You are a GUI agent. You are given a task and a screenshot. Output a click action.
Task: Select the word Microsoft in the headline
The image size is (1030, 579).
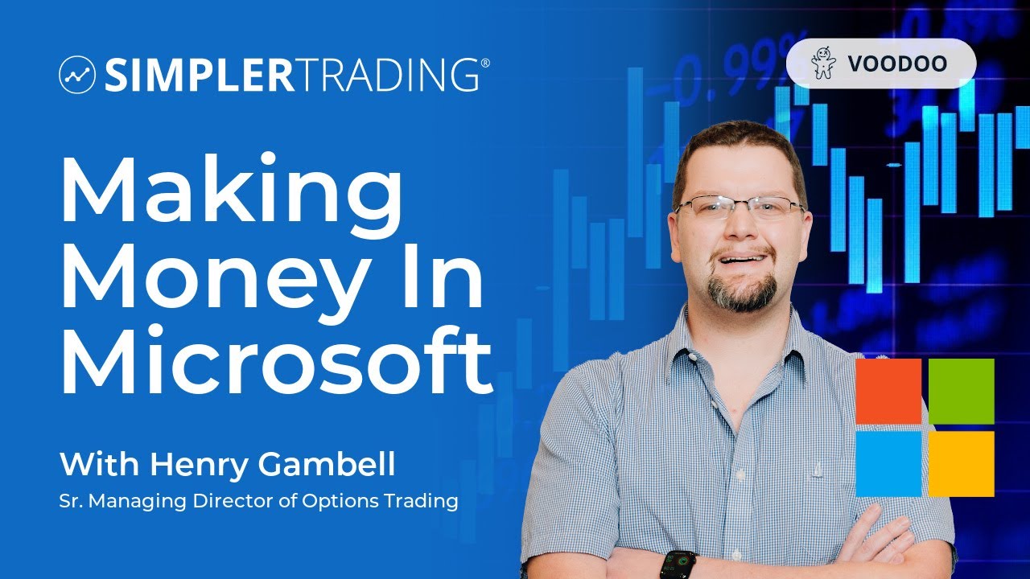click(276, 359)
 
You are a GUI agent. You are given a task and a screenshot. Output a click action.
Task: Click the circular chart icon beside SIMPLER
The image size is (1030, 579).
click(77, 76)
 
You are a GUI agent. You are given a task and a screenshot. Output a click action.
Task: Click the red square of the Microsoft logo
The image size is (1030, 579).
click(888, 392)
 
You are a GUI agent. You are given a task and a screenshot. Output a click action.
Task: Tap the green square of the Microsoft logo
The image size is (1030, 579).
click(962, 392)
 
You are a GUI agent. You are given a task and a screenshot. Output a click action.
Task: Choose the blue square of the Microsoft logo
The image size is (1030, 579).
click(888, 464)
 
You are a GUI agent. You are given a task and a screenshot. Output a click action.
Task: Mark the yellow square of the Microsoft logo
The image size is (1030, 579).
click(962, 464)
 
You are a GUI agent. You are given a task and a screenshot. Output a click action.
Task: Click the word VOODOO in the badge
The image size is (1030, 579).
click(897, 64)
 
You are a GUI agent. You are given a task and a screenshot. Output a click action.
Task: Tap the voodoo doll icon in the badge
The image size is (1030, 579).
click(823, 64)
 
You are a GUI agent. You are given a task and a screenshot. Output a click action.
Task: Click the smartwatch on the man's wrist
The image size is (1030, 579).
click(678, 565)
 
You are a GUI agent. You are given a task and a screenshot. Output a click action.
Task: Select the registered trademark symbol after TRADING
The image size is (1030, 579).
click(484, 63)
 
